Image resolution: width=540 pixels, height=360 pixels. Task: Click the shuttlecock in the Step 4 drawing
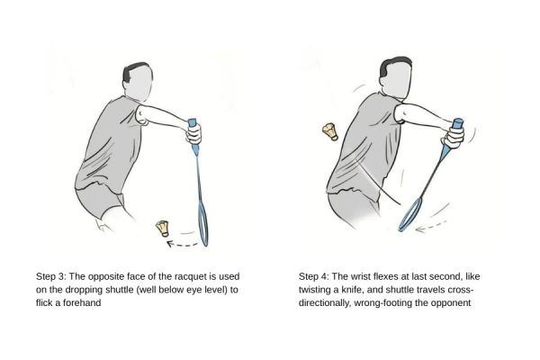click(329, 131)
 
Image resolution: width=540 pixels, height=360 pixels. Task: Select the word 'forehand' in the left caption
click(101, 303)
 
